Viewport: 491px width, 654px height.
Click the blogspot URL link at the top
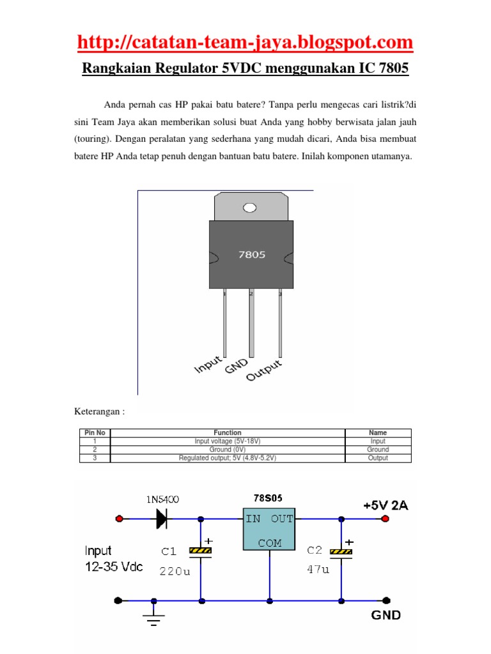tap(245, 43)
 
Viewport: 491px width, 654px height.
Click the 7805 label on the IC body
tap(251, 254)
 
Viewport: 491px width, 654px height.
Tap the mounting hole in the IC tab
tap(249, 207)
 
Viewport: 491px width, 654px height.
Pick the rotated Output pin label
tap(264, 369)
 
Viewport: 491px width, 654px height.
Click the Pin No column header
tap(94, 432)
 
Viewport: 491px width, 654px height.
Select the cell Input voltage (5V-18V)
tap(228, 441)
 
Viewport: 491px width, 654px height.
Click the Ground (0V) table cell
tap(228, 449)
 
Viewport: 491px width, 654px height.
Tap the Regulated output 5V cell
tap(228, 457)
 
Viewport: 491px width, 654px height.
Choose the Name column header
tap(378, 432)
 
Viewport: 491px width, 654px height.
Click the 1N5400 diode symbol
tap(160, 520)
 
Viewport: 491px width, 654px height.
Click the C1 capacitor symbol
tap(201, 550)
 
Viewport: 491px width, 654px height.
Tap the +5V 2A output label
tap(386, 505)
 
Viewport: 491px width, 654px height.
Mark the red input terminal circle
tap(118, 519)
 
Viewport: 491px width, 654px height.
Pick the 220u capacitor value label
tap(175, 572)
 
